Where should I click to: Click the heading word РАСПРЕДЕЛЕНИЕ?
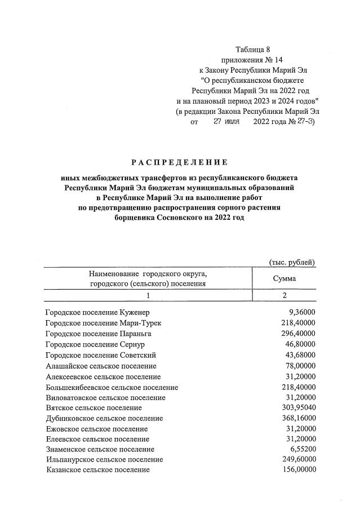click(179, 163)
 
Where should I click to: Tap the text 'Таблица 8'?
click(255, 50)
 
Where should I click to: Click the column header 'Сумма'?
click(284, 278)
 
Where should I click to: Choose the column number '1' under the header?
click(148, 295)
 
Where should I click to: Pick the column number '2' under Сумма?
click(284, 295)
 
